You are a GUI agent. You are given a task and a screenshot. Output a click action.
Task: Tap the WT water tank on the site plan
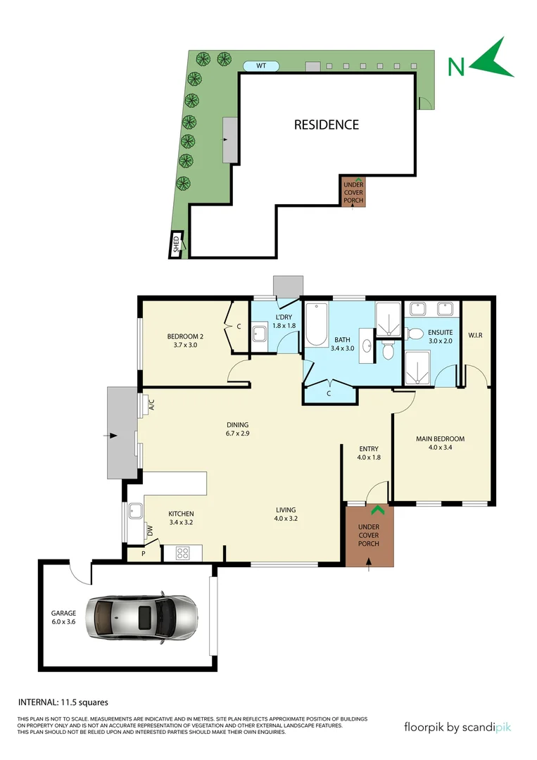(261, 66)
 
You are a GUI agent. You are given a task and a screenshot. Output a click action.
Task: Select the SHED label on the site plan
(176, 244)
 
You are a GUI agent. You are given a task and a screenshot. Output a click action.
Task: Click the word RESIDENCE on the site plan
(326, 125)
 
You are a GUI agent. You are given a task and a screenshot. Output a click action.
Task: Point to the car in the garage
(141, 617)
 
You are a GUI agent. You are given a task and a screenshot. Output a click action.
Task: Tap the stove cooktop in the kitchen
(182, 553)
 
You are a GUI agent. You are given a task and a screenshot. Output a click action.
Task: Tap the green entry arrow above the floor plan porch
(378, 511)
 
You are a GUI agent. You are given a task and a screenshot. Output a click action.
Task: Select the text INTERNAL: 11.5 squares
(63, 702)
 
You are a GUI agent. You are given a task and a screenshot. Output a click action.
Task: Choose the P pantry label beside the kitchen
(144, 554)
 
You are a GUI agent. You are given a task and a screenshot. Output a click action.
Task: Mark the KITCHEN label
(181, 514)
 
